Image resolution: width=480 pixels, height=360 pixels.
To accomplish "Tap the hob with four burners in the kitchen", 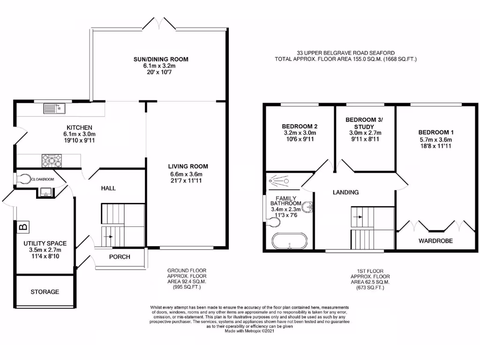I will (52, 161).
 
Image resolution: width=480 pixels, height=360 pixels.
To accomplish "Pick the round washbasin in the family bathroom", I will (307, 207).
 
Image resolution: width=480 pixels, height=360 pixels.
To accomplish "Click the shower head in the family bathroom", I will (271, 180).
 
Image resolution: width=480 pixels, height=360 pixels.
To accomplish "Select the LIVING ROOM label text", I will (188, 166).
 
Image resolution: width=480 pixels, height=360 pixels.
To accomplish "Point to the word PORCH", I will (120, 257).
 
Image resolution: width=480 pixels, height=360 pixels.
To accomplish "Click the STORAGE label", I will (45, 292).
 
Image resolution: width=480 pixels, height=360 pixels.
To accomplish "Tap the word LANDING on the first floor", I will (345, 192).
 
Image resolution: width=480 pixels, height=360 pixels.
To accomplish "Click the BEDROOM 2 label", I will (300, 127).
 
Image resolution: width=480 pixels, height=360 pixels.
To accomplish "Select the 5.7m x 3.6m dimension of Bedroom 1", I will (436, 140).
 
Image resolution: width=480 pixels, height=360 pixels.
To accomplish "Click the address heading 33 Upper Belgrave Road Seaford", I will (345, 53).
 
